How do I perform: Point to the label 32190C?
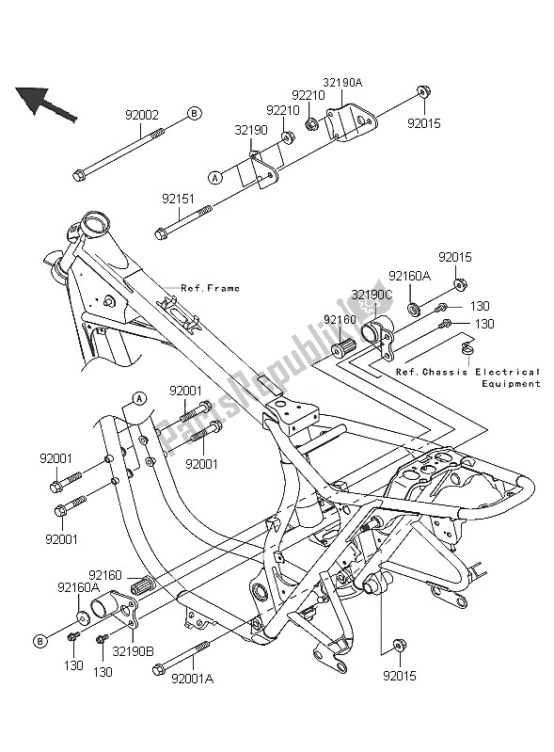(370, 295)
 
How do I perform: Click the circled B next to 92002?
(194, 114)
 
